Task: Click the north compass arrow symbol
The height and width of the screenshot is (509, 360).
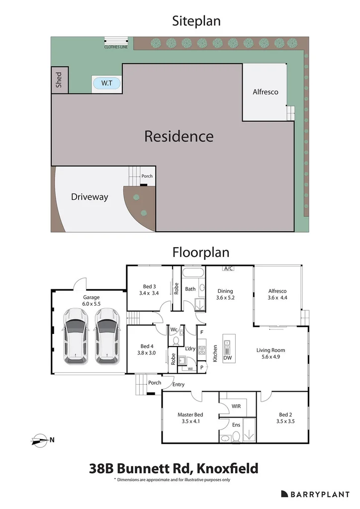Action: [39, 440]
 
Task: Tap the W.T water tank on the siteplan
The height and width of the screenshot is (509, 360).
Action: [107, 83]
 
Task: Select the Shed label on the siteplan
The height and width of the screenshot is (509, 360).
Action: [59, 80]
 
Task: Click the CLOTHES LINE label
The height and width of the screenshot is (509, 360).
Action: [116, 47]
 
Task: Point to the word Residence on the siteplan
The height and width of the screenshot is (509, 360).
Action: [179, 136]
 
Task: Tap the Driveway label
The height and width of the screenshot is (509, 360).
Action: [90, 197]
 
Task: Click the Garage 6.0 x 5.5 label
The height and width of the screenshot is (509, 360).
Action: [91, 301]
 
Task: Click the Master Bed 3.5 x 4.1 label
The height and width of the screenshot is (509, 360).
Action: [190, 418]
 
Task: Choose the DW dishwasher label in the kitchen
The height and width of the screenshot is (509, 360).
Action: [228, 358]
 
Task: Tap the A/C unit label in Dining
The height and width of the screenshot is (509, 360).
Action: [229, 268]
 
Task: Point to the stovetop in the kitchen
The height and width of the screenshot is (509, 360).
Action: [202, 350]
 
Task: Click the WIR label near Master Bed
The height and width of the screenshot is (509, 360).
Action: [236, 406]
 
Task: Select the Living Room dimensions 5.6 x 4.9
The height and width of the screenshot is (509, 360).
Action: [270, 357]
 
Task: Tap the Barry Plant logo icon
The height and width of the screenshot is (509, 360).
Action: [284, 494]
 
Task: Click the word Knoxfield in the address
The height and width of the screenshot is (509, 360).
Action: [228, 469]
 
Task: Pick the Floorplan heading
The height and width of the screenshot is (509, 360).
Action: [201, 252]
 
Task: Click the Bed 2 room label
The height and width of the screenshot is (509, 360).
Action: [285, 415]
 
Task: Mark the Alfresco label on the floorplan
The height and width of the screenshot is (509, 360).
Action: [277, 291]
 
